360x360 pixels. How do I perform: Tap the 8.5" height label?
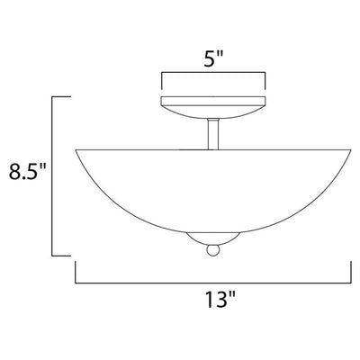(27, 172)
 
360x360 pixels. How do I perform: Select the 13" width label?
(220, 299)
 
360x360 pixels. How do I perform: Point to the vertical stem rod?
(213, 134)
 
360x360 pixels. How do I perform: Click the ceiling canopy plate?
(213, 107)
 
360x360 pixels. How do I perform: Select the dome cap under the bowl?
(213, 238)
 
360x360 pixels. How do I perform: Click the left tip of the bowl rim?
(76, 149)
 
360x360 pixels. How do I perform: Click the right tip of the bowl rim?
(351, 149)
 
